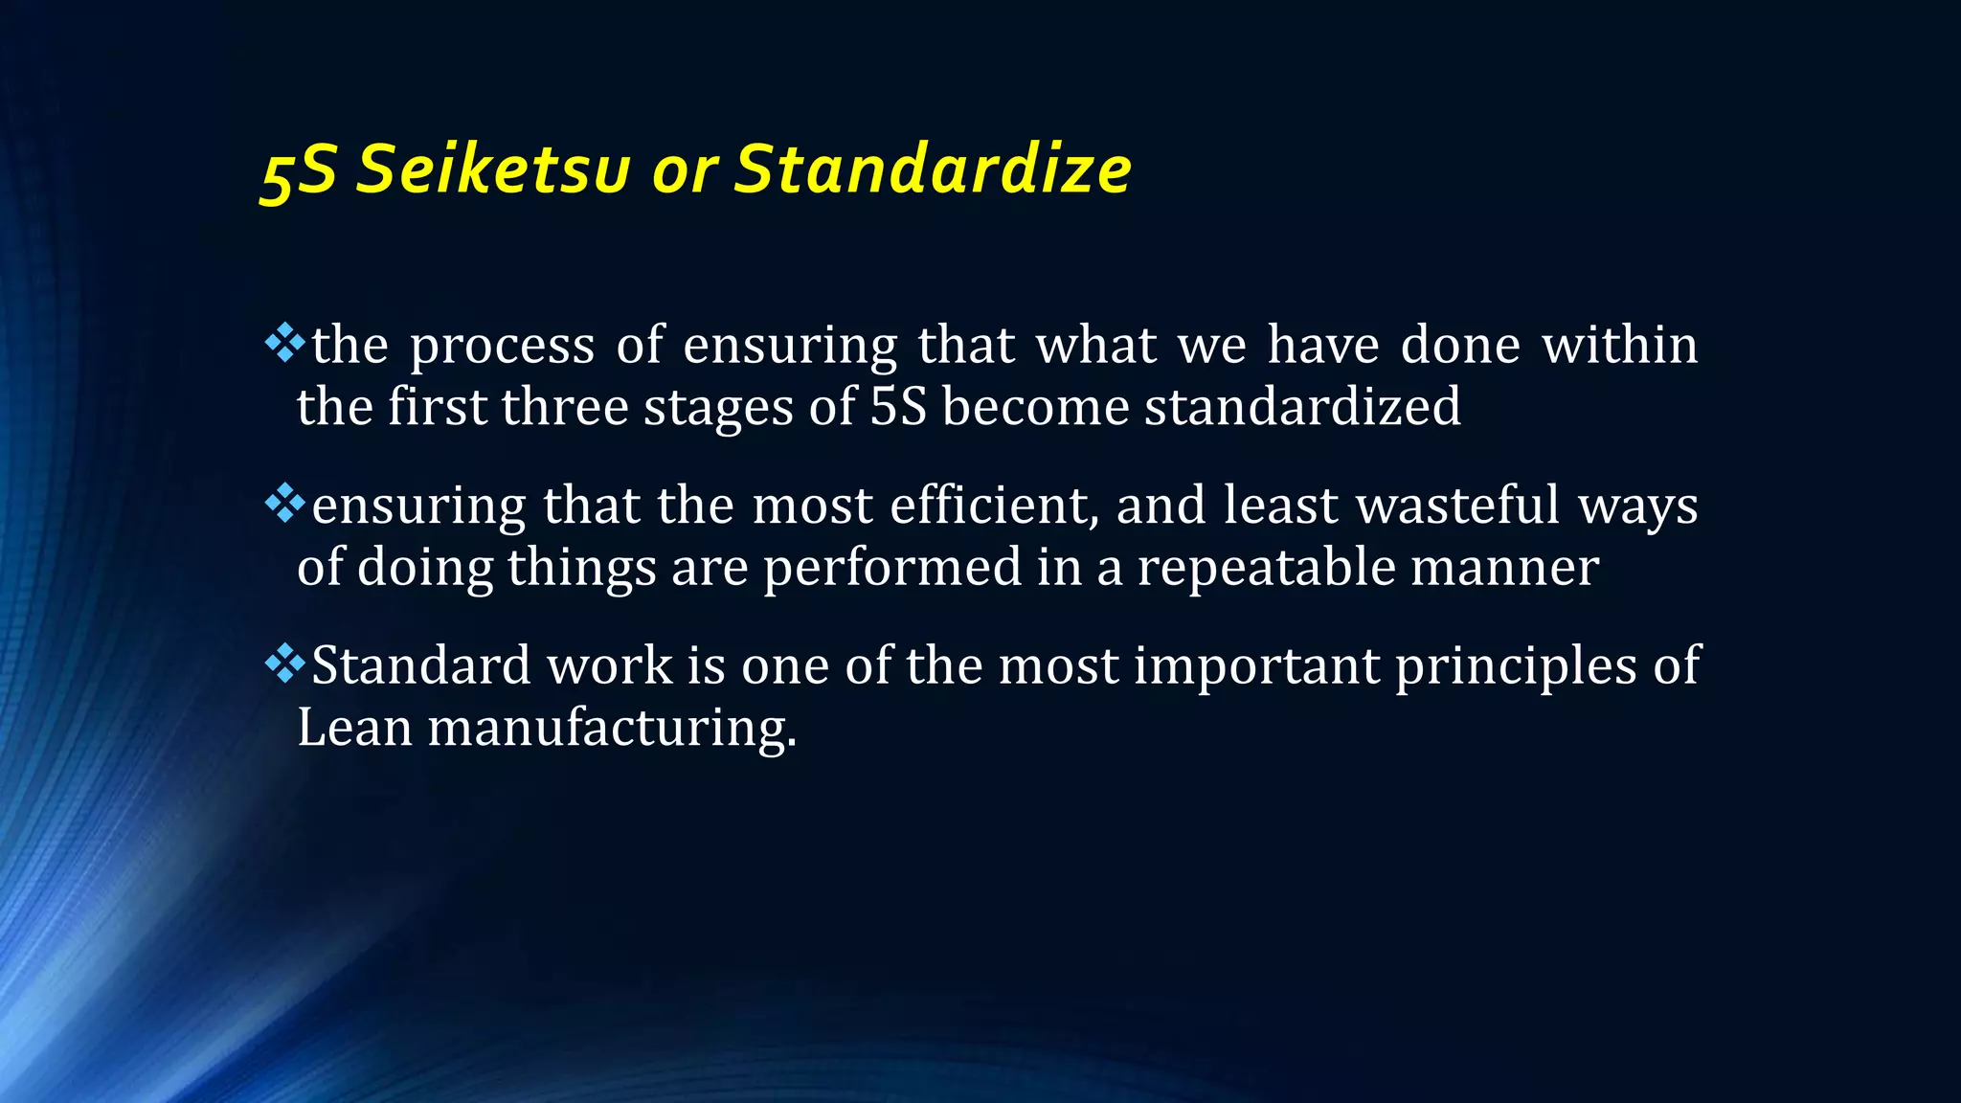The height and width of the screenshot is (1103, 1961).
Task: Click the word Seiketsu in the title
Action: coord(494,169)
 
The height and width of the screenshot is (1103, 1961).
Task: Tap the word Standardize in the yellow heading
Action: coord(933,169)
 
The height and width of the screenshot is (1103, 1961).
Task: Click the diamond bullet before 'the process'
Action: coord(284,344)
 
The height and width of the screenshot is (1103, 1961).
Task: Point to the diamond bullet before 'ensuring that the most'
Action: coord(284,504)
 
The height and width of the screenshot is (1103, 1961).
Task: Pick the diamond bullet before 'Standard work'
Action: coord(284,664)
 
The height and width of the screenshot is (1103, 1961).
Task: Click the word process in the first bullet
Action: coord(503,348)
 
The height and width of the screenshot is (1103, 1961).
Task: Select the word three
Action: coord(564,407)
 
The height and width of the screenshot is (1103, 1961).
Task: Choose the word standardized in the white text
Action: coord(1302,407)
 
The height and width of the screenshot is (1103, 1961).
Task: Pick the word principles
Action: coord(1516,667)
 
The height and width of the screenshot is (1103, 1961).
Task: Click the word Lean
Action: coord(354,728)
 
